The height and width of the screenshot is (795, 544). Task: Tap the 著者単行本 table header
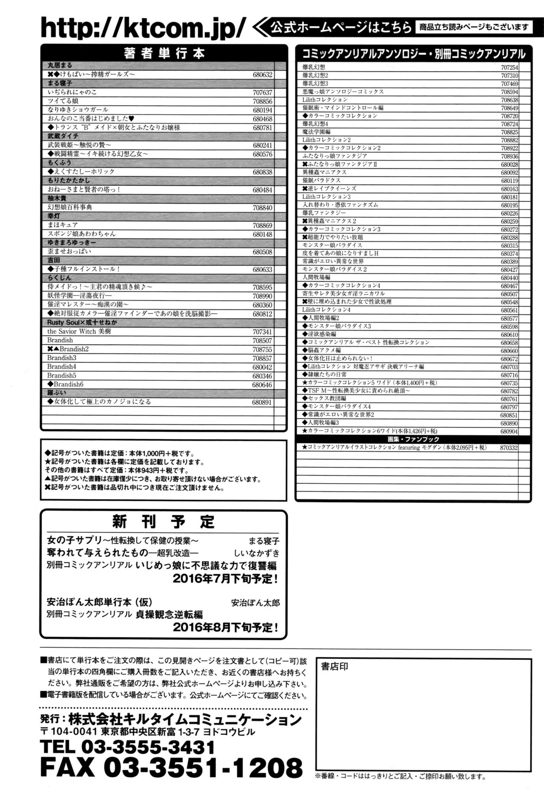(164, 53)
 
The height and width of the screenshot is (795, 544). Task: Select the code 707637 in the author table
(262, 93)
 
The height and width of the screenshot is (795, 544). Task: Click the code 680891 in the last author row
(262, 402)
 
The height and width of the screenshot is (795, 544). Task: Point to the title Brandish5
(62, 376)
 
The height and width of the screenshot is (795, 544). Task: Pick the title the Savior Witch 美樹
(79, 332)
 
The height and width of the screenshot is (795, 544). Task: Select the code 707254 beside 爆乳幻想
(509, 68)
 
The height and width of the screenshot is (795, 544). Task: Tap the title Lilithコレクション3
(326, 197)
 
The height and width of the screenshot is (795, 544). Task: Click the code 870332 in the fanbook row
(509, 448)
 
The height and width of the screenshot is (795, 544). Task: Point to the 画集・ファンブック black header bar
(413, 439)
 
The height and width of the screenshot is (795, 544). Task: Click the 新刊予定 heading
(164, 522)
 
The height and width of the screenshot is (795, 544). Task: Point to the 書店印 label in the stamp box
(334, 666)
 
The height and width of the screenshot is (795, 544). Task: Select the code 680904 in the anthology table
(509, 432)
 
